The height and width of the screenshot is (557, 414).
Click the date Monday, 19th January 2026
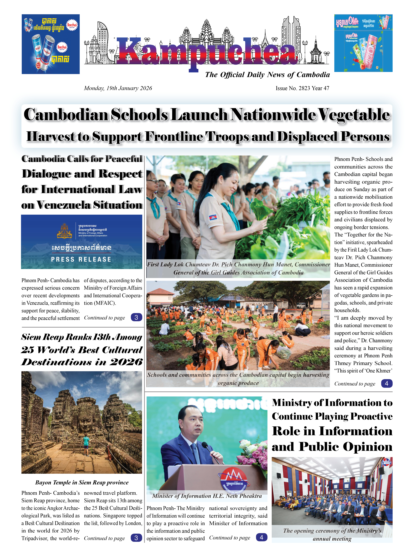click(118, 88)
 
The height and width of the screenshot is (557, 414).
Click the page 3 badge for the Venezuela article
click(136, 317)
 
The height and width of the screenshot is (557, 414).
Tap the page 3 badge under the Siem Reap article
click(136, 538)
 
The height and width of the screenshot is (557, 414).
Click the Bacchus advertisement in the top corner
click(51, 44)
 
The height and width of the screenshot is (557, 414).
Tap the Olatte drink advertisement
click(363, 43)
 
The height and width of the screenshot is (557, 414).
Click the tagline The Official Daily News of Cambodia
click(267, 75)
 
